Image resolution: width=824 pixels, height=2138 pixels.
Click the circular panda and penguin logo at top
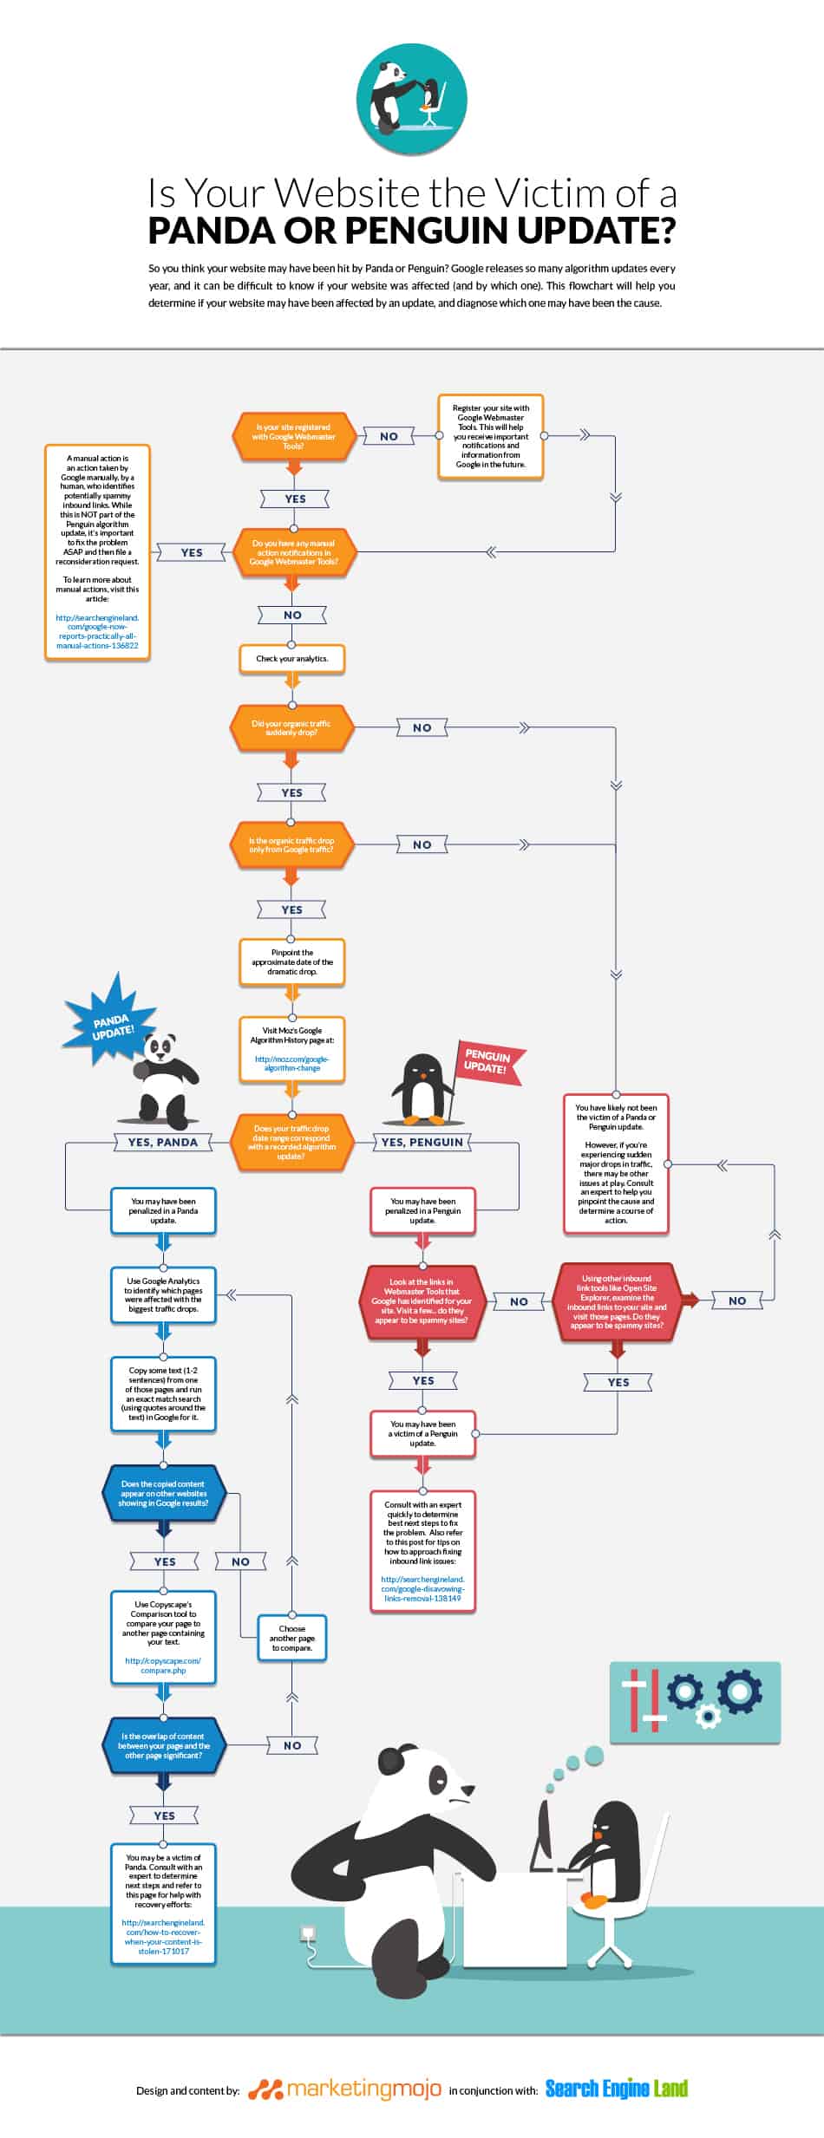[x=412, y=99]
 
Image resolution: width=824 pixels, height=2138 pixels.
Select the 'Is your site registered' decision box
[x=294, y=436]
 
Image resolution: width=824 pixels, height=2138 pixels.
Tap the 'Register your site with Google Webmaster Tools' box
[x=491, y=436]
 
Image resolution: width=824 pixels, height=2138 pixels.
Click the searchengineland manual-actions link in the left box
[x=97, y=632]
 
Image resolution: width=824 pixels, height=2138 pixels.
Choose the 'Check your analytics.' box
[x=292, y=659]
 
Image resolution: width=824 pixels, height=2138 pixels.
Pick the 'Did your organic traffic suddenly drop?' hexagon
[x=291, y=728]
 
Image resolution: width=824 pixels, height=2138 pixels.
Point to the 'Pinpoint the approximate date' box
[x=292, y=962]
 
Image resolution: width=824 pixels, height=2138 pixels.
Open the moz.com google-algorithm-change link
[x=292, y=1064]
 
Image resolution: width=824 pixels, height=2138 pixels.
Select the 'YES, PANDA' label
[x=163, y=1143]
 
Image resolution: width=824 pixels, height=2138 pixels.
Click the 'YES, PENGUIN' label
[x=422, y=1143]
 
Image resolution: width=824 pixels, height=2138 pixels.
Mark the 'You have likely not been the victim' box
[x=616, y=1164]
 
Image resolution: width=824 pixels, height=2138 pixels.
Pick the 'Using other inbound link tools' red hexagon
[x=617, y=1302]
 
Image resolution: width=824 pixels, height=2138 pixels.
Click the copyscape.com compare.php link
[x=163, y=1665]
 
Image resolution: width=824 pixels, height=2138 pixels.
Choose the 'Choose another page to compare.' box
[x=292, y=1638]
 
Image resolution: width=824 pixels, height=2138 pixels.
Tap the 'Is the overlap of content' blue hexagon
[x=163, y=1746]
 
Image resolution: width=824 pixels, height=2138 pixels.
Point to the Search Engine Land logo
[x=617, y=2089]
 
